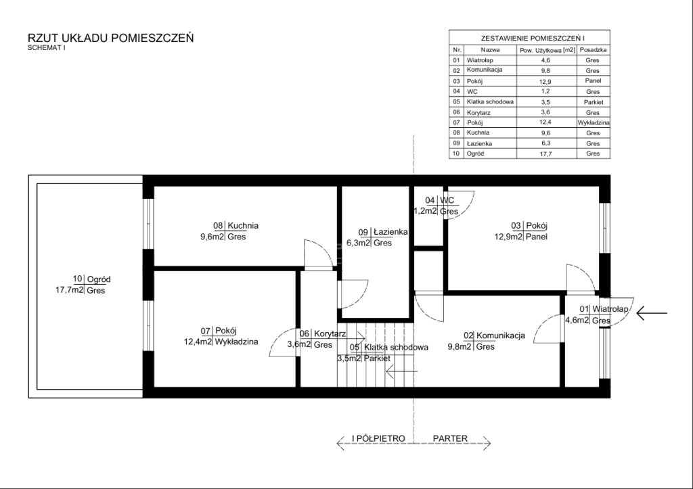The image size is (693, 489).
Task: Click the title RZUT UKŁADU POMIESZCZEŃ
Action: click(110, 38)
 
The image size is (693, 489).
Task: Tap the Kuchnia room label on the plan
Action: click(243, 226)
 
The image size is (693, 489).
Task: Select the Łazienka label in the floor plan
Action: click(390, 232)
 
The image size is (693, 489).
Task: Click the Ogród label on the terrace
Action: click(99, 279)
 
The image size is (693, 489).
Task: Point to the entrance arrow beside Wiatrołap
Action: click(652, 313)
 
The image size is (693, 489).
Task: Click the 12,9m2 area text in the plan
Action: click(509, 237)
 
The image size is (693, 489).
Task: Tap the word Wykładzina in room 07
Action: click(236, 342)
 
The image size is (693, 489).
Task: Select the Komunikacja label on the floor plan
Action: click(501, 335)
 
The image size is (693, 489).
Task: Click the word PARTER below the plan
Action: click(450, 439)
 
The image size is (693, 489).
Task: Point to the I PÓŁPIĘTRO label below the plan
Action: click(378, 439)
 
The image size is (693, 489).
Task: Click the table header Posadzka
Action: click(593, 50)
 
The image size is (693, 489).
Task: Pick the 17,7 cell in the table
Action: click(546, 154)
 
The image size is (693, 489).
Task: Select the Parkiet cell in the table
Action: click(593, 102)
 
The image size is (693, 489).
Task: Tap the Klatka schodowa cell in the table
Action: click(490, 102)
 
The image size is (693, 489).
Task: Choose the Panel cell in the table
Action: click(593, 81)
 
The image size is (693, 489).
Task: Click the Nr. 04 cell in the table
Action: click(457, 91)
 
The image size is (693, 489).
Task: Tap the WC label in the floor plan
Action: click(447, 201)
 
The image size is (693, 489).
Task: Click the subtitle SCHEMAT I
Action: click(47, 48)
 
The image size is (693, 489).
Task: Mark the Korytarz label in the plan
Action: click(330, 334)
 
